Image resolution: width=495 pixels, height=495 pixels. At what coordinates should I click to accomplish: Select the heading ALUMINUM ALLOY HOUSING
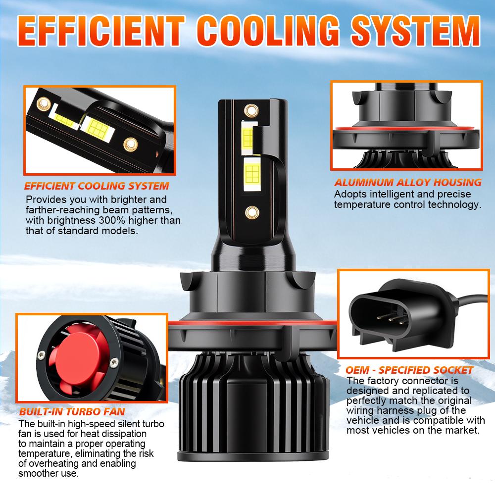click(x=407, y=183)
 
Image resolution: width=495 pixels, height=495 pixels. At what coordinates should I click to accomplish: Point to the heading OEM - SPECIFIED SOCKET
click(x=409, y=370)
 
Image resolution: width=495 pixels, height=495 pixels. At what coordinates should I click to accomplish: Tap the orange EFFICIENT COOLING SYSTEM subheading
click(x=97, y=187)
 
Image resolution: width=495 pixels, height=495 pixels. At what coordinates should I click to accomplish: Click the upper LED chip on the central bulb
click(x=247, y=136)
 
